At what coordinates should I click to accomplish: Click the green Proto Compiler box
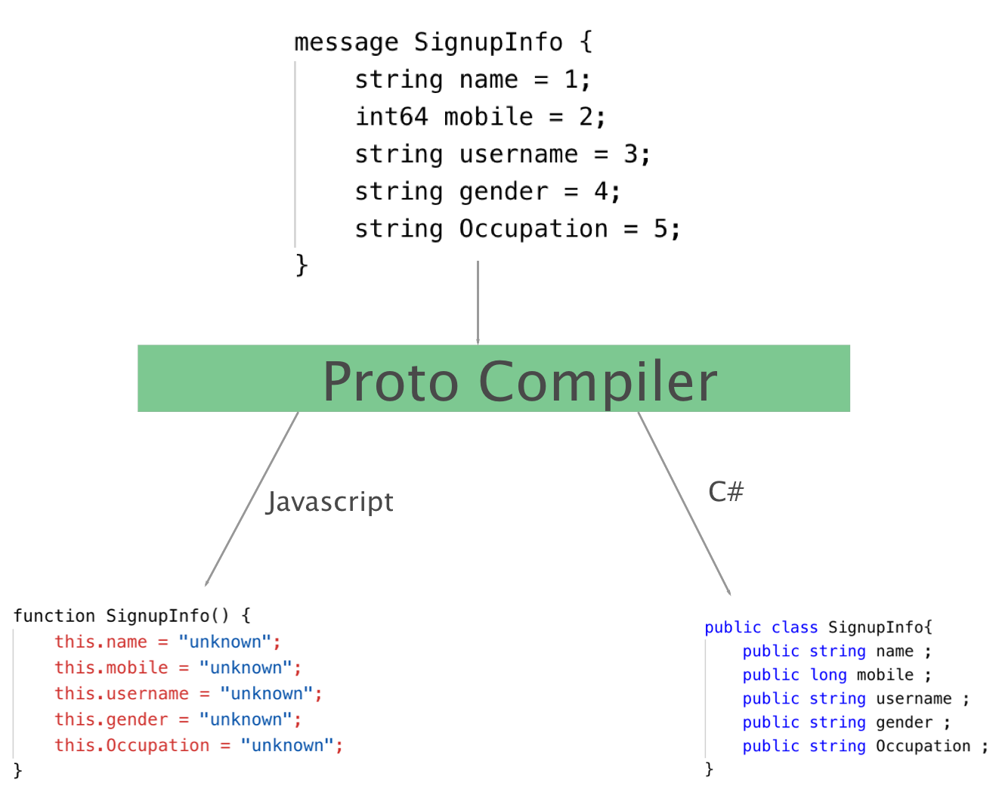[x=493, y=378]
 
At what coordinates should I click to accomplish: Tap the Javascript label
[x=329, y=503]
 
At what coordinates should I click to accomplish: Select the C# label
[x=725, y=491]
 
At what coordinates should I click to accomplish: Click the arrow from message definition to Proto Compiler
[x=478, y=302]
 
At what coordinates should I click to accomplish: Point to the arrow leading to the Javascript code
[x=252, y=500]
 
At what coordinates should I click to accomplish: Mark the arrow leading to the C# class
[x=684, y=503]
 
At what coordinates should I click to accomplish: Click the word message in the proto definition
[x=346, y=42]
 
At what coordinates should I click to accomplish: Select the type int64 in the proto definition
[x=391, y=116]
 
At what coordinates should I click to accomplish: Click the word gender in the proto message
[x=504, y=192]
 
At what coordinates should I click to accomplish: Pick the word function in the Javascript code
[x=54, y=616]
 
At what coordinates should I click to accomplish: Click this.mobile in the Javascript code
[x=111, y=667]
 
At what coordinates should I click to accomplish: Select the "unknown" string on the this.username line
[x=267, y=693]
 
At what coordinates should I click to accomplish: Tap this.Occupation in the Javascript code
[x=132, y=745]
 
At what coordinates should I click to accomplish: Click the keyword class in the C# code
[x=794, y=627]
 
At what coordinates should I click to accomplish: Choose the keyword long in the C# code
[x=828, y=675]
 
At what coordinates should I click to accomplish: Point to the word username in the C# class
[x=914, y=698]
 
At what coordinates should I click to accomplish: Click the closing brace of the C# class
[x=709, y=769]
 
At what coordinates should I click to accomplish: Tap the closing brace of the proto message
[x=302, y=265]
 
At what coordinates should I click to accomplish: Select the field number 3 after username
[x=630, y=154]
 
